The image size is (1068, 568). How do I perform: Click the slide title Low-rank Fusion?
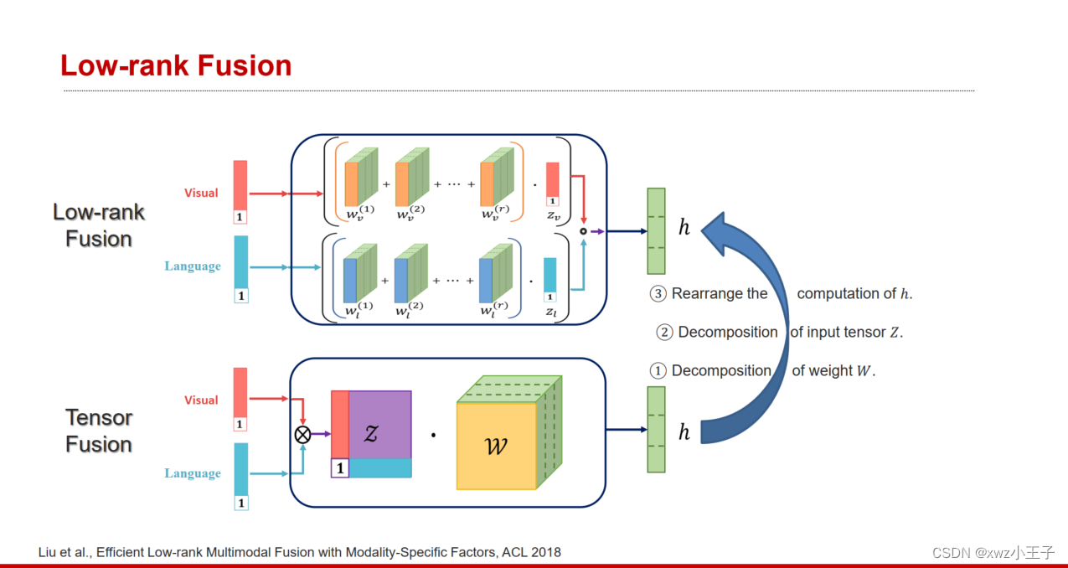[x=176, y=65]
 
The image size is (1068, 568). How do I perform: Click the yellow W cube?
[x=496, y=446]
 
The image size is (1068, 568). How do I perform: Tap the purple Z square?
[x=379, y=425]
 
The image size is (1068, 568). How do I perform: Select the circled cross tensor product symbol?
[x=302, y=433]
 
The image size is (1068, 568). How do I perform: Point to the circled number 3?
[x=658, y=294]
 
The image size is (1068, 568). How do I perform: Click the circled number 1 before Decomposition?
[x=658, y=371]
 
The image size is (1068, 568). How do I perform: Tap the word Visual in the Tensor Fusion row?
[x=201, y=400]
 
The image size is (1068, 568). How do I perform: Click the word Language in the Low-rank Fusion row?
[x=193, y=266]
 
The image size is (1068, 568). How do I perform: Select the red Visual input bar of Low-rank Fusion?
[x=240, y=185]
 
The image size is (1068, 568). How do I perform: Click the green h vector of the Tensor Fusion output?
[x=656, y=429]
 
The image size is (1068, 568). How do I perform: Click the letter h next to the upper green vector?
[x=684, y=227]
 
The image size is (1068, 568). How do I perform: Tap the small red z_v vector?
[x=552, y=179]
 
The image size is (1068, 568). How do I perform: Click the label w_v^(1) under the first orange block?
[x=360, y=213]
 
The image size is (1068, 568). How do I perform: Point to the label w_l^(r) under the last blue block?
[x=494, y=311]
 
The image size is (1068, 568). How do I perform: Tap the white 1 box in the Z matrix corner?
[x=339, y=468]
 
